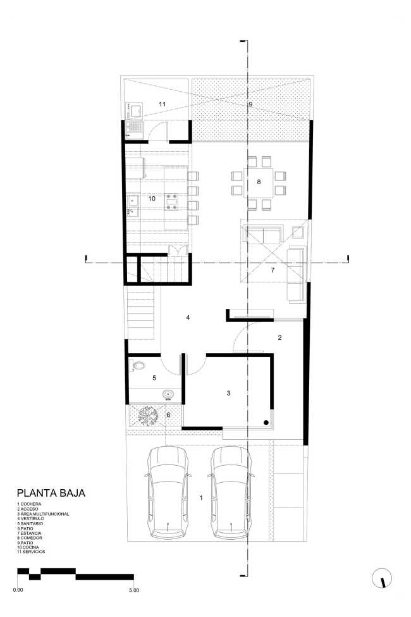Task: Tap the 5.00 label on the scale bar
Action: tap(133, 590)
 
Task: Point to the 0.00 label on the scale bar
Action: tap(18, 590)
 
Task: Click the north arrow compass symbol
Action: tap(383, 578)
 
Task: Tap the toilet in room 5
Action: tap(139, 366)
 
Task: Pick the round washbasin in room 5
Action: tap(168, 395)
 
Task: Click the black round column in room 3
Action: tap(267, 422)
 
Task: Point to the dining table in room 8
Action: tap(259, 182)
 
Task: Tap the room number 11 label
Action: tap(162, 103)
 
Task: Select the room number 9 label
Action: tap(250, 103)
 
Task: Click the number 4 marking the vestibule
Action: tap(188, 317)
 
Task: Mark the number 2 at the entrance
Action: tap(279, 337)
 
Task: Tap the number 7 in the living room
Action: tap(273, 270)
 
